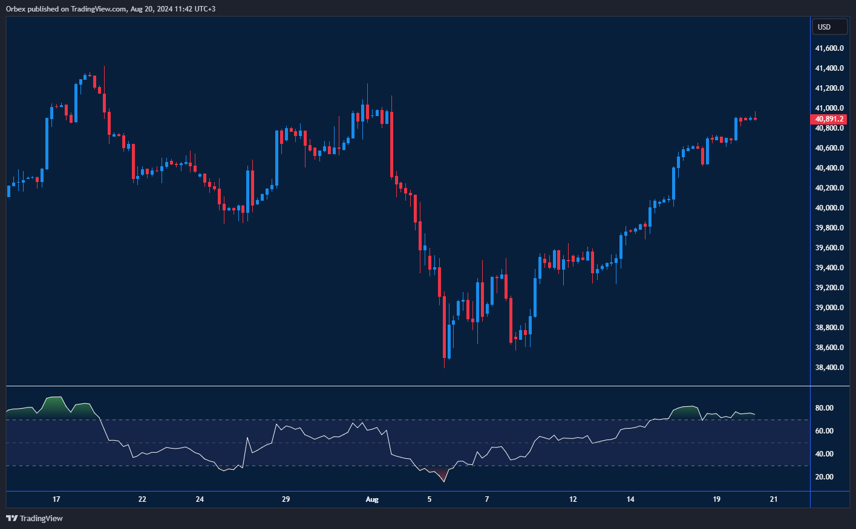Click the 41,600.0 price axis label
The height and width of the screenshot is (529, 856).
pyautogui.click(x=829, y=48)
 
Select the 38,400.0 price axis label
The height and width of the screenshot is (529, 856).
pyautogui.click(x=829, y=368)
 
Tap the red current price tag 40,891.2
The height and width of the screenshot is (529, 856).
pyautogui.click(x=829, y=119)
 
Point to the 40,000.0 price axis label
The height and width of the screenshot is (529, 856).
pyautogui.click(x=829, y=208)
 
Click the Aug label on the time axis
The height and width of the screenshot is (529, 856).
pyautogui.click(x=372, y=499)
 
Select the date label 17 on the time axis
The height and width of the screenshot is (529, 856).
pyautogui.click(x=56, y=499)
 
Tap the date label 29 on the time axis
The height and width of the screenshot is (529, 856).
pyautogui.click(x=286, y=499)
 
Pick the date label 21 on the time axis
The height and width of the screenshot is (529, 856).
pyautogui.click(x=774, y=499)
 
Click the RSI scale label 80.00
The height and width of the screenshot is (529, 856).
pyautogui.click(x=824, y=408)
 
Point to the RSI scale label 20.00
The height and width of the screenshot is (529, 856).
pyautogui.click(x=824, y=477)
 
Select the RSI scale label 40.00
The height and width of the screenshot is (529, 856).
pyautogui.click(x=824, y=454)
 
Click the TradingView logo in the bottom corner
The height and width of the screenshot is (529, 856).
pyautogui.click(x=34, y=518)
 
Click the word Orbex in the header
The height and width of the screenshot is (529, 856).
pyautogui.click(x=16, y=9)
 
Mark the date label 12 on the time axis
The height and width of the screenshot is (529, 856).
pyautogui.click(x=573, y=499)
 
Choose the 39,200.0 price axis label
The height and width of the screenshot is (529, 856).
pyautogui.click(x=829, y=288)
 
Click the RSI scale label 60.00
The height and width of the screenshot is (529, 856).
pyautogui.click(x=824, y=431)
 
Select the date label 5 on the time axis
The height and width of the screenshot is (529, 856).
pyautogui.click(x=430, y=499)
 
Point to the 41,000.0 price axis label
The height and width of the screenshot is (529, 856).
pyautogui.click(x=829, y=108)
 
